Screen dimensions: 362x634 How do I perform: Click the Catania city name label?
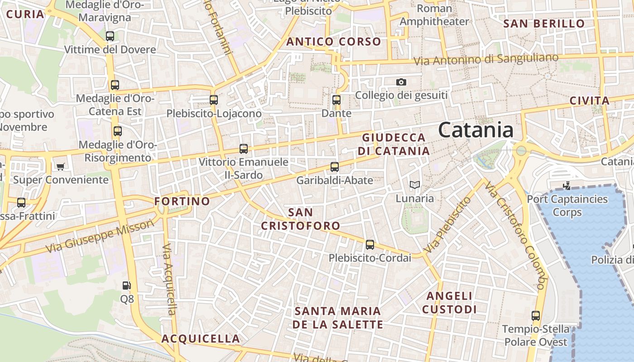[475, 130]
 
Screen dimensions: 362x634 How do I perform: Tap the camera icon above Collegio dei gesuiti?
[401, 82]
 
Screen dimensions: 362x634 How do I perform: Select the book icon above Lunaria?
[414, 185]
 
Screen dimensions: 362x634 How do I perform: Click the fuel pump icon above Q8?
[127, 286]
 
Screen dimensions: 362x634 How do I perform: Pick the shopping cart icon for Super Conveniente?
[60, 167]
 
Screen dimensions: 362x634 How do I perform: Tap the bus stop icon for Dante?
[336, 100]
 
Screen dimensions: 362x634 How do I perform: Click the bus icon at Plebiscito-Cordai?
[370, 245]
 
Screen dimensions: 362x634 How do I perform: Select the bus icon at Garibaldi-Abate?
[335, 167]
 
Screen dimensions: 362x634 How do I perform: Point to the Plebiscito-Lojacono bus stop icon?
[214, 100]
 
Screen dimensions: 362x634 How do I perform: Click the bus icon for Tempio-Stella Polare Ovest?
[536, 316]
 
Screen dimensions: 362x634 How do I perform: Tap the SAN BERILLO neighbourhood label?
[544, 24]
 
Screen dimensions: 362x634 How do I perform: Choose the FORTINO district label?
[182, 201]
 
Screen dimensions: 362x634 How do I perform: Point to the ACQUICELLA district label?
[201, 339]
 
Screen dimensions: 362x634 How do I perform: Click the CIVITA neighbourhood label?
[589, 101]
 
